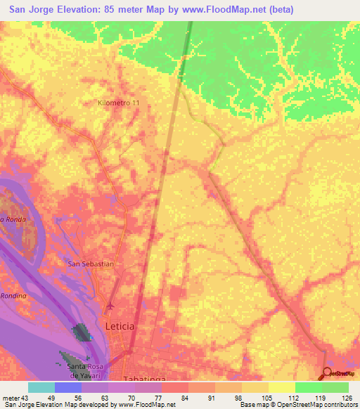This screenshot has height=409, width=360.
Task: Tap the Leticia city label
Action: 119,327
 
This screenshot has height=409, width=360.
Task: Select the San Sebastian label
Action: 90,264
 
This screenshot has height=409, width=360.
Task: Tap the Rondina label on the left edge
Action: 13,296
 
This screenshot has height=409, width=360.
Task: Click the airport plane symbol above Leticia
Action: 110,307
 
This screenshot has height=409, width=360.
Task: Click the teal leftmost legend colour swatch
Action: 41,387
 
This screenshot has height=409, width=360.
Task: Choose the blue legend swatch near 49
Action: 67,387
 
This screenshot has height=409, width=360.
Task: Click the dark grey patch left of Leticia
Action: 82,332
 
